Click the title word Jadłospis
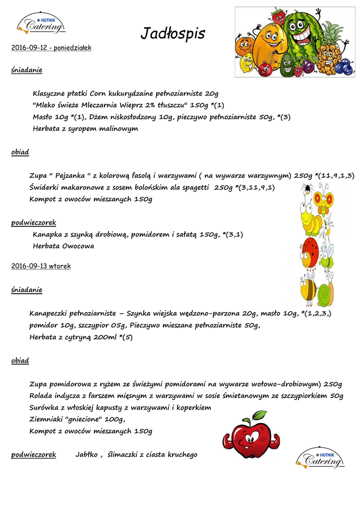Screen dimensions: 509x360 [173, 34]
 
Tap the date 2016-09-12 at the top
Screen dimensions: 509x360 [31, 48]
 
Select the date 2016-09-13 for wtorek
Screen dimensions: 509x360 [29, 266]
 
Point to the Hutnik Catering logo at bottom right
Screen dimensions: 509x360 [320, 458]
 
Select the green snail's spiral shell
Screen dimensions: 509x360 [326, 294]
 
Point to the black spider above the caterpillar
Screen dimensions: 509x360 [308, 189]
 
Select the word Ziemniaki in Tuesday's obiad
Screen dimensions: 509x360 [46, 419]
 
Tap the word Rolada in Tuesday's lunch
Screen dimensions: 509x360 [41, 395]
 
